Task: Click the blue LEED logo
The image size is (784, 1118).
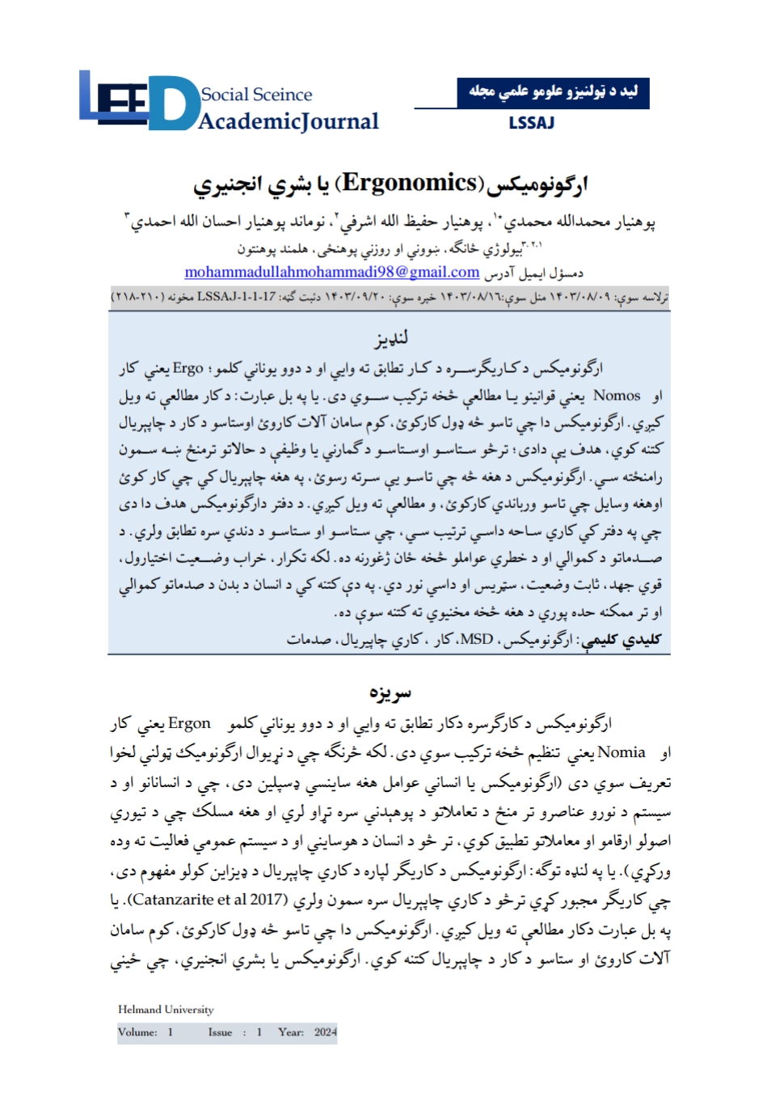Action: [x=137, y=100]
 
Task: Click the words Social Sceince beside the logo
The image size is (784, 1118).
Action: [x=256, y=95]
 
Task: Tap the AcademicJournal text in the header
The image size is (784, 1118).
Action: [x=289, y=121]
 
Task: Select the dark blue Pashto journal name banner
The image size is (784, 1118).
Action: [x=553, y=92]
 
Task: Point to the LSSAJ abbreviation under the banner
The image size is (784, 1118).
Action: [x=531, y=123]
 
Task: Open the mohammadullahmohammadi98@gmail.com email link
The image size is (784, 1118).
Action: [x=331, y=272]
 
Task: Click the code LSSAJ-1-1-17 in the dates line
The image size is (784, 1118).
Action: [x=236, y=297]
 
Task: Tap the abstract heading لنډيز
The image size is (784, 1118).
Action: [x=391, y=337]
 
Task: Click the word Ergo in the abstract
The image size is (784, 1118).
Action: [x=188, y=369]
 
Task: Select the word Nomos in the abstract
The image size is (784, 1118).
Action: [x=617, y=396]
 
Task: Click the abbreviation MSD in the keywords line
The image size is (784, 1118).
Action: [x=476, y=639]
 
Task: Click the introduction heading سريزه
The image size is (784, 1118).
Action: [x=390, y=692]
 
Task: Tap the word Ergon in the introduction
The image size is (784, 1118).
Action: [x=189, y=723]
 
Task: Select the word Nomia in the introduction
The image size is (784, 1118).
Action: [x=621, y=752]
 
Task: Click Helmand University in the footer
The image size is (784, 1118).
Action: [x=166, y=1010]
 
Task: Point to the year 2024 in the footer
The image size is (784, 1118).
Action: [x=326, y=1032]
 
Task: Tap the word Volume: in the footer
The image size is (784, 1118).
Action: [x=137, y=1032]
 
